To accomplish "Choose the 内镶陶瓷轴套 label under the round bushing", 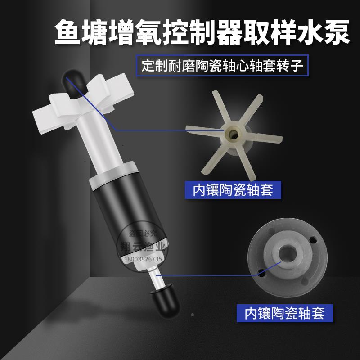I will click(284, 312).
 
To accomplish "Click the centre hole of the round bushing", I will click(287, 254).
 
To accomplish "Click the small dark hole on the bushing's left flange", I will click(261, 272).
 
